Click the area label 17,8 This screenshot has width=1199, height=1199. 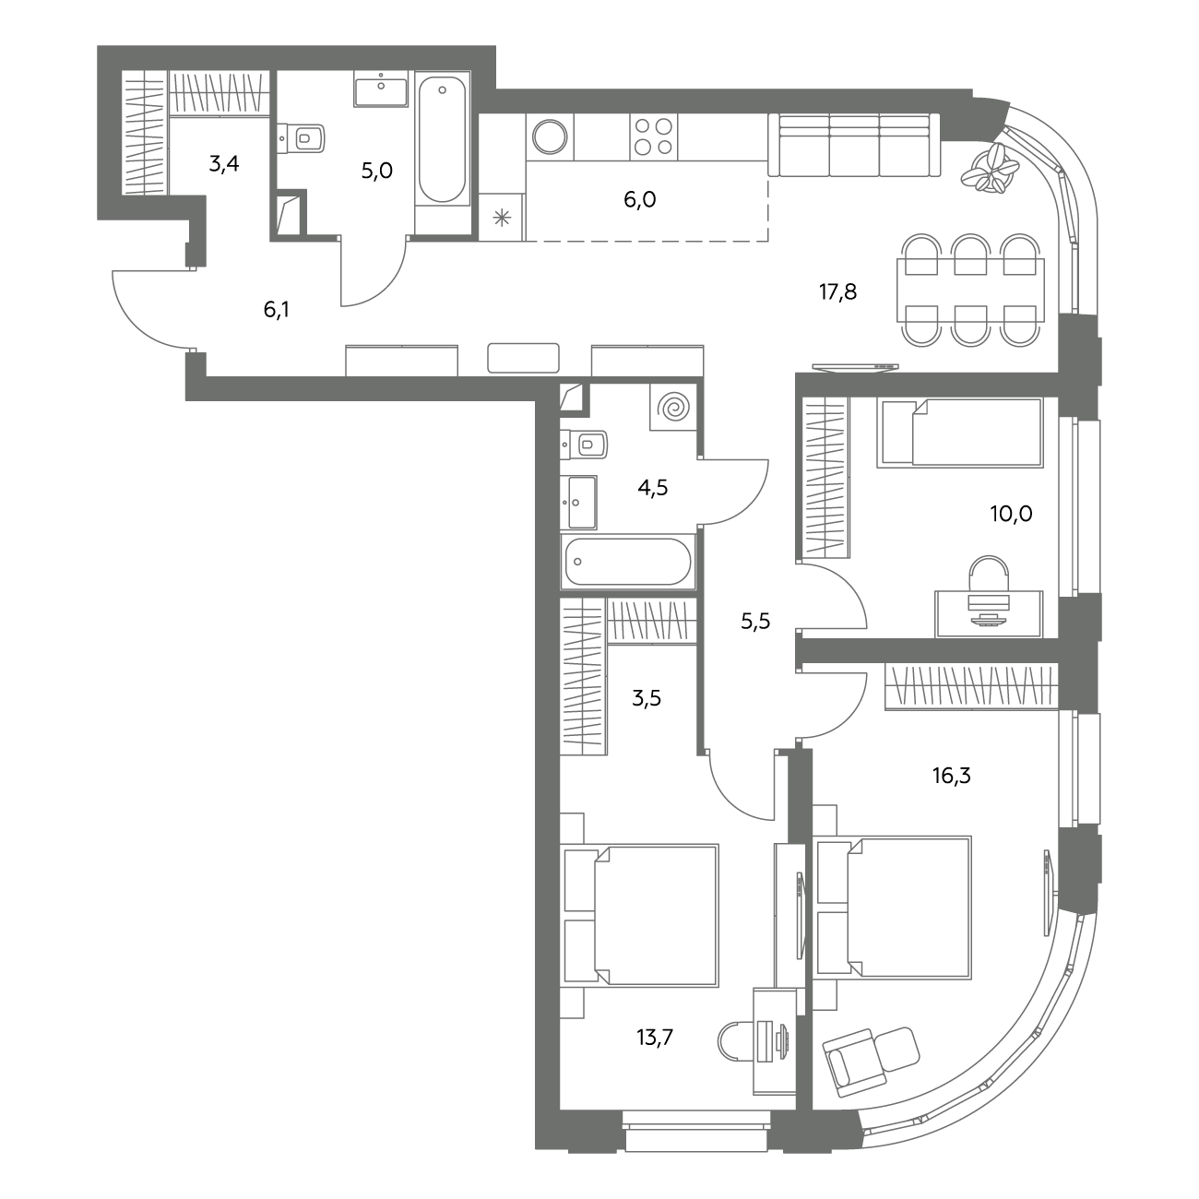coord(837,291)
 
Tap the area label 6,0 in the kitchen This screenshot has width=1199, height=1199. coord(640,200)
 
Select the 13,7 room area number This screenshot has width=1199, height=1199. coord(655,1038)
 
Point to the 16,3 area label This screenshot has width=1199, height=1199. coord(951,776)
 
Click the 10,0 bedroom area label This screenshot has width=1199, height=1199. coord(1011,514)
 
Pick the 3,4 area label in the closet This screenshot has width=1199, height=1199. coord(224,164)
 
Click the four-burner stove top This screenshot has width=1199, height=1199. coord(653,137)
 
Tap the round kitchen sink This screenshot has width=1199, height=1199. coord(550,137)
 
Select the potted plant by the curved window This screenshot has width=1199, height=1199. coord(990,167)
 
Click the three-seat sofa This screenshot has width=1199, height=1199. coord(854,145)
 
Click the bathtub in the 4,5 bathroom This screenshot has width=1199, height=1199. coord(628,562)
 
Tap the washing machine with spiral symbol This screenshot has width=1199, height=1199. coord(673,407)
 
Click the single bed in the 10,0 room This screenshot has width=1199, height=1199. coord(959,433)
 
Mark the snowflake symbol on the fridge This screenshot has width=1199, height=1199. coord(502,218)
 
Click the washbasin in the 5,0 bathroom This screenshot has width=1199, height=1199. coord(381,89)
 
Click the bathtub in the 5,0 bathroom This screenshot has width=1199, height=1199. coord(442,138)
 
